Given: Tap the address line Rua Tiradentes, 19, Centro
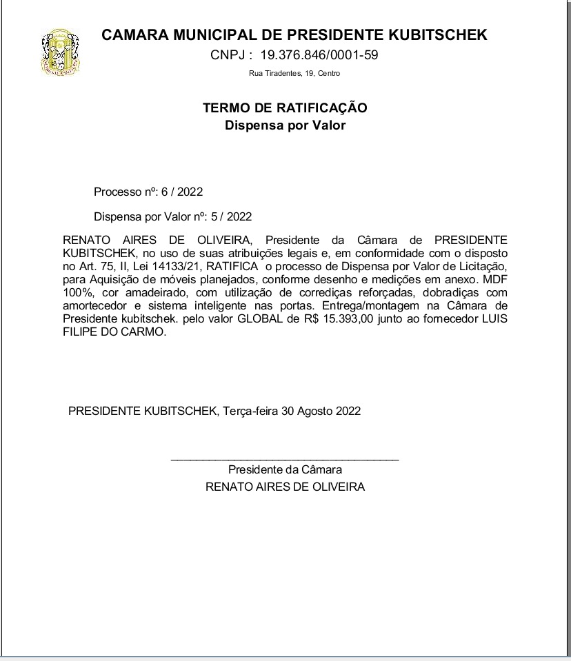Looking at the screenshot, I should (x=294, y=74).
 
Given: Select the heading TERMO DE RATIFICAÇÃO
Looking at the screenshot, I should (x=285, y=108).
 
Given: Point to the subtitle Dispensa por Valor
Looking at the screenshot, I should (x=285, y=125).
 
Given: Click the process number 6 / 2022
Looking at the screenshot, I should (x=182, y=192).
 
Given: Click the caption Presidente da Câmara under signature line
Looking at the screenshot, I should (x=285, y=470).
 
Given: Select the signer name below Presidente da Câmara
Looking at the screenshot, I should (x=285, y=487).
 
